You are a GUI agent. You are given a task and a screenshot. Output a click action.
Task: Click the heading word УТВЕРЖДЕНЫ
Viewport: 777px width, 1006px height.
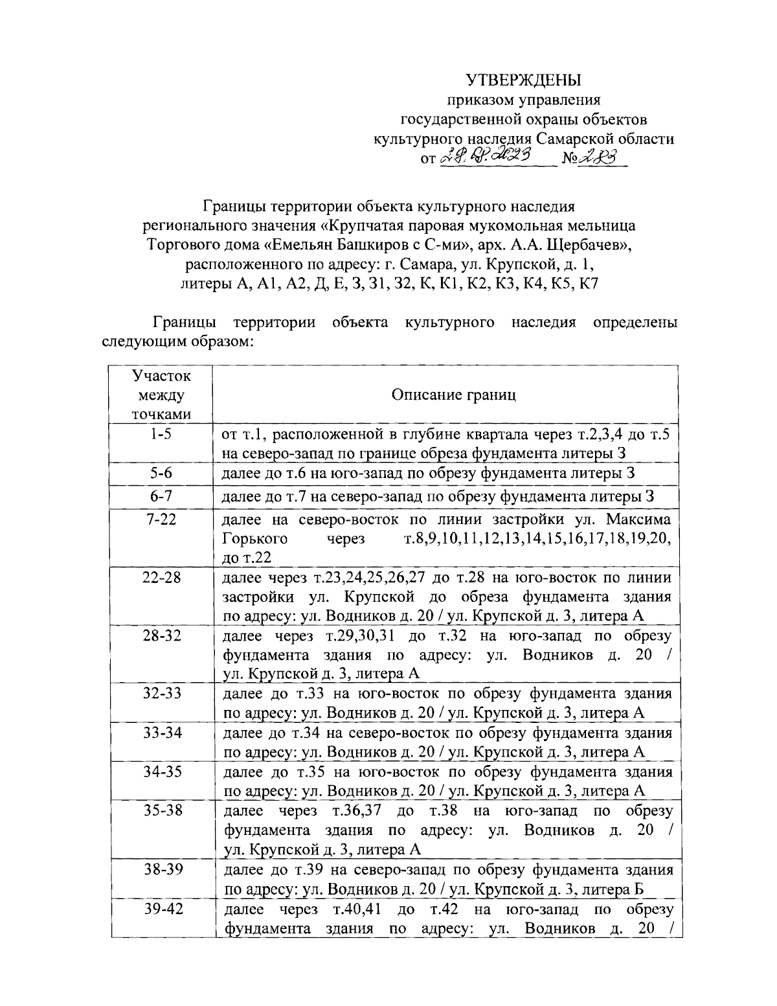[x=524, y=80]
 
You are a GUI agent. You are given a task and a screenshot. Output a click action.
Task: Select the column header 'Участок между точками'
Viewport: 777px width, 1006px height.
[x=161, y=395]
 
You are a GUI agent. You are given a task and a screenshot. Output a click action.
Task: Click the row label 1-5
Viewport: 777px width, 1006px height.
[x=161, y=435]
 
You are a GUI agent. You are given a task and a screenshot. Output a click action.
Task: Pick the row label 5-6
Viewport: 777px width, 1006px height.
[x=161, y=474]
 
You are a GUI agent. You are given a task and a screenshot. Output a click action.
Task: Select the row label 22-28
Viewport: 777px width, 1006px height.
[x=161, y=578]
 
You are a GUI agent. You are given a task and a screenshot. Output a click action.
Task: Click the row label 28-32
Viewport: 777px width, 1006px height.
[x=161, y=635]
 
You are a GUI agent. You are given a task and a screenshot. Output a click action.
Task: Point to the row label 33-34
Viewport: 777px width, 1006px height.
[x=161, y=733]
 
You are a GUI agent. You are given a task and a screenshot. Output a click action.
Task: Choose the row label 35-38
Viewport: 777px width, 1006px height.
[x=161, y=810]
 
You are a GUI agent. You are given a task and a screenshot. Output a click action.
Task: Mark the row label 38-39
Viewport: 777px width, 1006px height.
[x=161, y=869]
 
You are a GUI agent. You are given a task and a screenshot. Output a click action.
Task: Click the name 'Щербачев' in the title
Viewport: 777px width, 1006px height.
[x=585, y=246]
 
